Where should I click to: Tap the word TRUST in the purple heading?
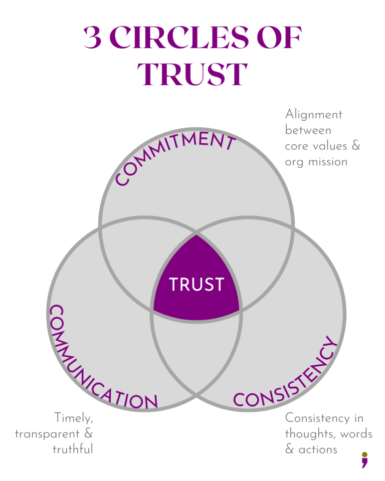(x=192, y=74)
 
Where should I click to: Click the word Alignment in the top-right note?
(x=314, y=115)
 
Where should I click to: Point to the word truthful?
(x=73, y=449)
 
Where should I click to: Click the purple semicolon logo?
(x=364, y=459)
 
